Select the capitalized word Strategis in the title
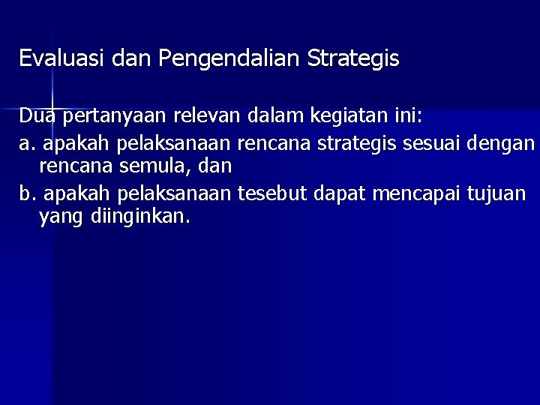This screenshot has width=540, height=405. coord(352,58)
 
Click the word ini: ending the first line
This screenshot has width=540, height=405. coord(404,117)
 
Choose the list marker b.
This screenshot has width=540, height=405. coord(27,195)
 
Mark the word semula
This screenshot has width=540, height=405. coord(159,165)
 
